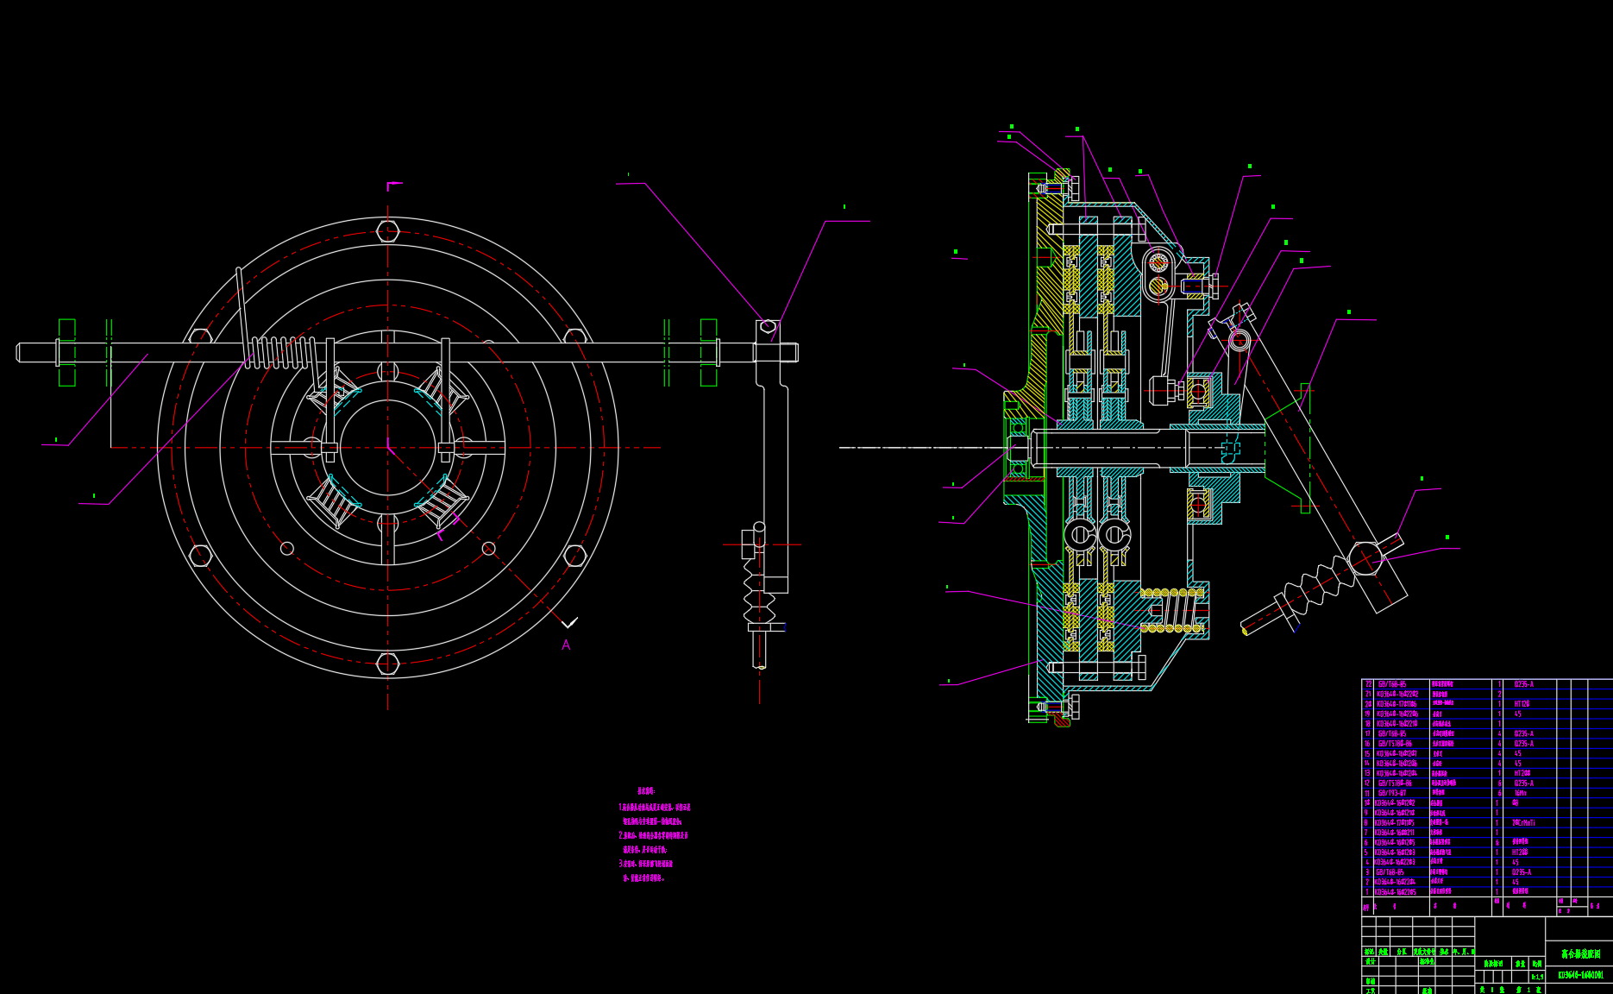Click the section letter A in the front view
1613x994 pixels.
tap(566, 645)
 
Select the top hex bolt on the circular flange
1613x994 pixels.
tap(388, 231)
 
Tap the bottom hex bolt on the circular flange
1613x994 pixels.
tap(388, 664)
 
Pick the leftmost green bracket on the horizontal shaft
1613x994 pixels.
tap(66, 352)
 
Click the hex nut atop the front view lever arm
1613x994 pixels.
tap(768, 327)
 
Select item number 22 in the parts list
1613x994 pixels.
tap(1368, 684)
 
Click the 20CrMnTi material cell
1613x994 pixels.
tap(1523, 823)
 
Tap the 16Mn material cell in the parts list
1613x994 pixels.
tap(1520, 793)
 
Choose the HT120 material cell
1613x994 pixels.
tap(1521, 704)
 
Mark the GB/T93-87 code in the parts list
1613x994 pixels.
tap(1392, 793)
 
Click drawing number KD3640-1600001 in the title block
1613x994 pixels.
tap(1580, 975)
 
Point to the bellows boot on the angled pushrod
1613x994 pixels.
tap(1315, 586)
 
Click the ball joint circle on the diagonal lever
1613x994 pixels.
tap(1365, 557)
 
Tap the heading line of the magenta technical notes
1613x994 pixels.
tap(646, 790)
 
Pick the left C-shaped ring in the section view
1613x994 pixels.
tap(1080, 536)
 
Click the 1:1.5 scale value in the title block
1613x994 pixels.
tap(1537, 978)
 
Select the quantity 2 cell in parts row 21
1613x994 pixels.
tap(1499, 694)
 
